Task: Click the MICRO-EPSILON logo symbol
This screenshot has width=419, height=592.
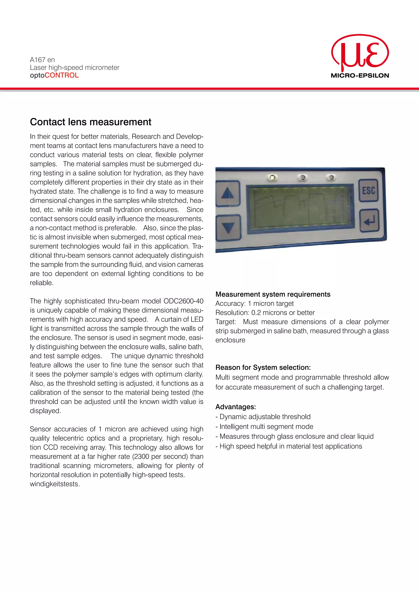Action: (x=360, y=53)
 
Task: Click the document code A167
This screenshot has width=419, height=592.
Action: (x=38, y=60)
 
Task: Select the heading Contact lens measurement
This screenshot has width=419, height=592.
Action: (x=91, y=122)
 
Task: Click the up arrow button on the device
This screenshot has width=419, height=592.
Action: (x=228, y=193)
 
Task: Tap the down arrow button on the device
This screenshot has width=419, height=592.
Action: (x=228, y=227)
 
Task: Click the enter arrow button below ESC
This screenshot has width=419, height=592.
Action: (x=369, y=221)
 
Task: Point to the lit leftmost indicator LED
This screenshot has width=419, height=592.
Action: (x=273, y=178)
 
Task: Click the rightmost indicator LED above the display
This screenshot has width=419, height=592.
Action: (x=331, y=177)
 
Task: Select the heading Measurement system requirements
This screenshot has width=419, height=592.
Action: (x=273, y=294)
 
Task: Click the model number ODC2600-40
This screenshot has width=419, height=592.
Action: (x=184, y=301)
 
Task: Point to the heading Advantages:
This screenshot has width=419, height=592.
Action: (x=235, y=407)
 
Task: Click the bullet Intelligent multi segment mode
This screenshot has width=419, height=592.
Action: (x=266, y=426)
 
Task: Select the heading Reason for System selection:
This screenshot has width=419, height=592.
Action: (x=263, y=367)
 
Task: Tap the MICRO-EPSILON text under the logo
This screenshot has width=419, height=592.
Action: (x=360, y=76)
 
